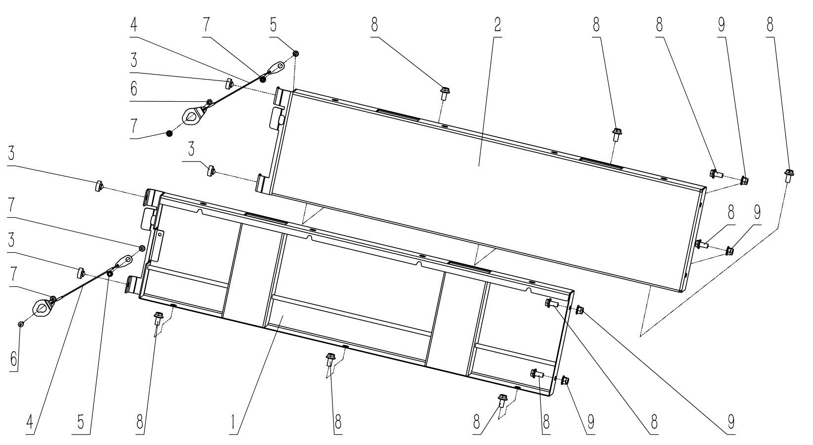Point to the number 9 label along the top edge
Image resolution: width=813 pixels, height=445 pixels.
click(x=722, y=26)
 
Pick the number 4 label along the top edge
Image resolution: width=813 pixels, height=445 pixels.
click(x=134, y=26)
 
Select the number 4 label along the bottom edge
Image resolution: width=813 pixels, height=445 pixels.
click(x=31, y=422)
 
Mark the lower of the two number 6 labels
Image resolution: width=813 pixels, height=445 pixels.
click(x=14, y=359)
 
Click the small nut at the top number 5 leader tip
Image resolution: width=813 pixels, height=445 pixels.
click(x=296, y=53)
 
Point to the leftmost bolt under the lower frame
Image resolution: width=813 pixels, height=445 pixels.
click(x=159, y=317)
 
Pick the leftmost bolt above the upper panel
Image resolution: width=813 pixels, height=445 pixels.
click(x=444, y=93)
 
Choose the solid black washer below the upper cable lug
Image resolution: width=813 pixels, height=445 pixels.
click(x=169, y=133)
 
